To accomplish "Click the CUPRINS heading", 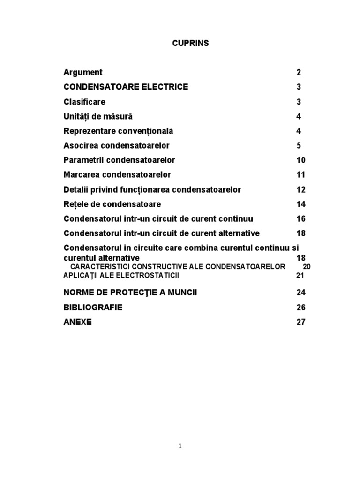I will (x=189, y=43).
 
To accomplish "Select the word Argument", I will (x=83, y=72).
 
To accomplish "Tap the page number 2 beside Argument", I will (x=299, y=72).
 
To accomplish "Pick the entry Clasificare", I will (x=84, y=102).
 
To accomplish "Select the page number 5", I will (x=299, y=145).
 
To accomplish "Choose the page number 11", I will (x=300, y=175).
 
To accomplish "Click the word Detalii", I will (x=76, y=189).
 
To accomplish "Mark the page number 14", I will (x=300, y=204).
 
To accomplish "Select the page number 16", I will (x=300, y=219).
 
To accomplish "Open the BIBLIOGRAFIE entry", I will (x=93, y=307).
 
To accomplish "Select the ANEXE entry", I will (x=78, y=322).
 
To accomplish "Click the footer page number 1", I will (x=180, y=446).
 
